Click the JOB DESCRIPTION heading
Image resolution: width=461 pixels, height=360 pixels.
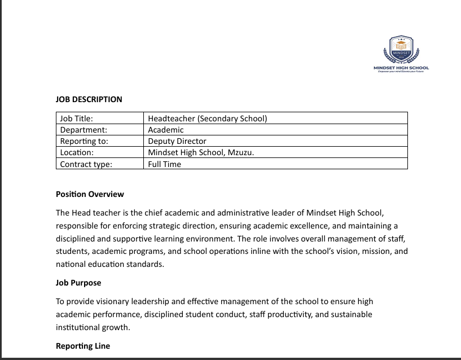89,99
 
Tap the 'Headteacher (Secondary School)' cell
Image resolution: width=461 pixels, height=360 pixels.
207,118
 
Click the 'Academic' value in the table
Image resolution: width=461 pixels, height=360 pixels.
165,130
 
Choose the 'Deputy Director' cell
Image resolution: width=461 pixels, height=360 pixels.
177,141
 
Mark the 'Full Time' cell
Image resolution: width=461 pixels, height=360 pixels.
164,164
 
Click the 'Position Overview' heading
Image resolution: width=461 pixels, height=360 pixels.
90,194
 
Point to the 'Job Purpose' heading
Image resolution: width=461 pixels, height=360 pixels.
78,282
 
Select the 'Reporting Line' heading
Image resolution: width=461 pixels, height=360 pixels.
83,346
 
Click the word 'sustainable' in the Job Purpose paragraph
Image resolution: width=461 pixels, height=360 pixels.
349,314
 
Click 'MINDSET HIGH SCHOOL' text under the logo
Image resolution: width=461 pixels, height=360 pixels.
401,68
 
